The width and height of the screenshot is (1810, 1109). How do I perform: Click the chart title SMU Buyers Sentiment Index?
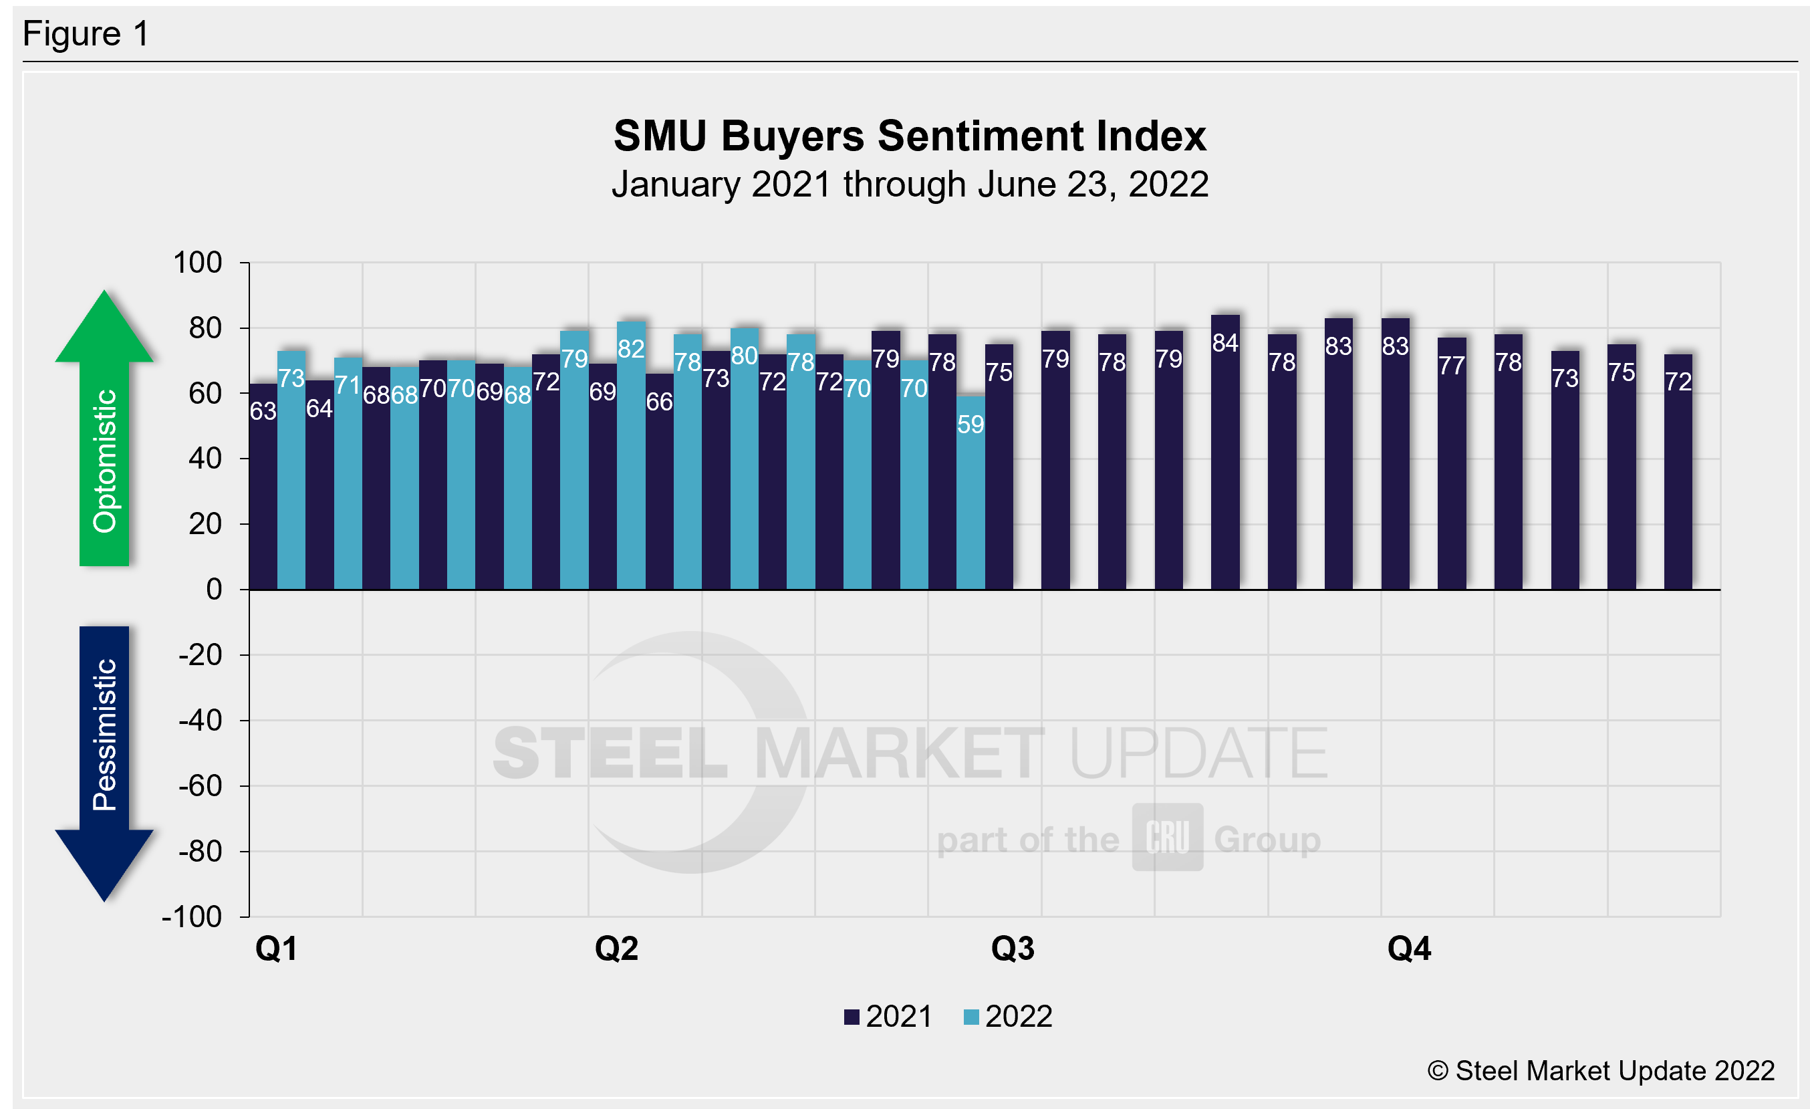[910, 136]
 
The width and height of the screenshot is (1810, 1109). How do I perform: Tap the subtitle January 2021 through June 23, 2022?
[910, 184]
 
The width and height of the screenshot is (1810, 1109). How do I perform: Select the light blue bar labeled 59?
[971, 499]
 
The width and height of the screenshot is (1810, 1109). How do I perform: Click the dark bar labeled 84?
[1225, 455]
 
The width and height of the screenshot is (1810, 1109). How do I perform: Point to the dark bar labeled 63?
[263, 492]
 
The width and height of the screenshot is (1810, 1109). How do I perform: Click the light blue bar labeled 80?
[744, 463]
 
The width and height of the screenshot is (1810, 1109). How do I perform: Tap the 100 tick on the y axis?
[198, 263]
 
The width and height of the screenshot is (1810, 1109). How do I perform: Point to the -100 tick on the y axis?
[192, 917]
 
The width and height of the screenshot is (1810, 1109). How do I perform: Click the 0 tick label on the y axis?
[214, 590]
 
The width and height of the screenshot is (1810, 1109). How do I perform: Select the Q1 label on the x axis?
[276, 949]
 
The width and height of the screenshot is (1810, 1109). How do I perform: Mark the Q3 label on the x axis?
[1012, 949]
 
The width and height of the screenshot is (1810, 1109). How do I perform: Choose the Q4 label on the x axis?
[1408, 949]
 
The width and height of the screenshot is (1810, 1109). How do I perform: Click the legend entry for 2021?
[889, 1017]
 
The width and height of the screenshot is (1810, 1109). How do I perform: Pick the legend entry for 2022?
[1008, 1017]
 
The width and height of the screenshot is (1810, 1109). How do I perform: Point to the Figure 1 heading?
[86, 34]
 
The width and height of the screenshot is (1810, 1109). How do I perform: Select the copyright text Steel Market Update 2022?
[1601, 1072]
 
